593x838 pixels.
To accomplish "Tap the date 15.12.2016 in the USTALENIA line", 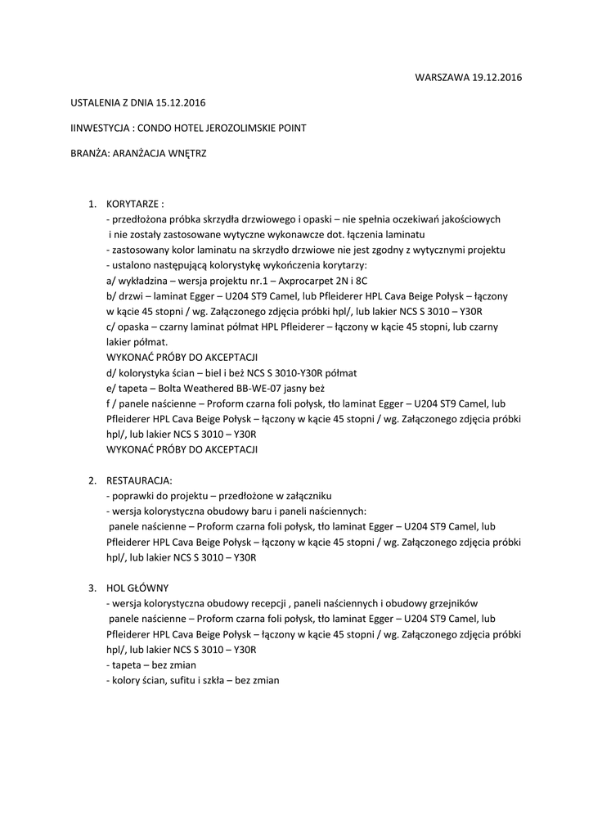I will [177, 103].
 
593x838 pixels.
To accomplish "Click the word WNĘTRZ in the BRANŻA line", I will [188, 154].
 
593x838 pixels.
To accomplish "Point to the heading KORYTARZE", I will [136, 204].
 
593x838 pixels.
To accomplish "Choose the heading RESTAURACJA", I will [140, 480].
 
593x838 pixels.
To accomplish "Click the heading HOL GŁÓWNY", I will [138, 588].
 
